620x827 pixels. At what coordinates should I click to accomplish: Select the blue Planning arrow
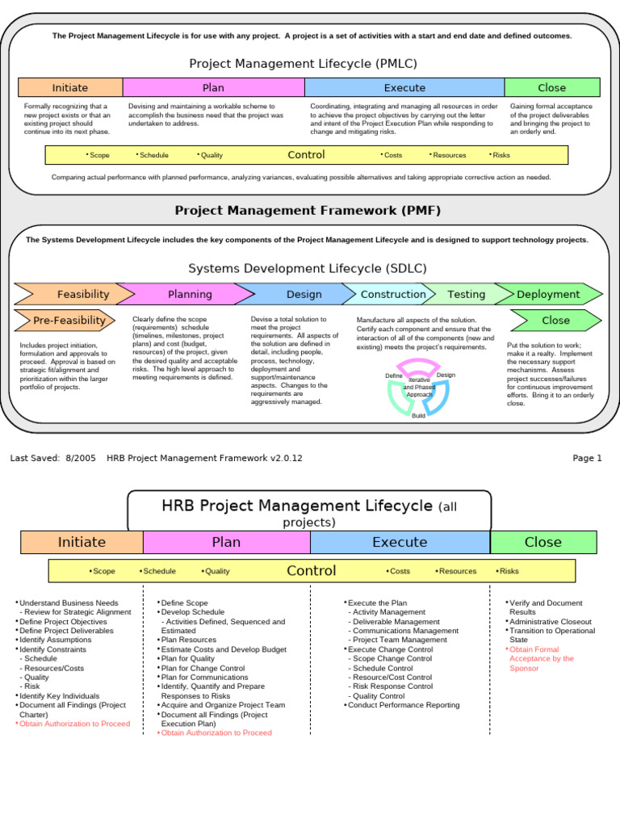point(190,295)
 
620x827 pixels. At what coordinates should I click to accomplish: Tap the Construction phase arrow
point(392,295)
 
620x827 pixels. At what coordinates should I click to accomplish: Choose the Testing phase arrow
point(466,295)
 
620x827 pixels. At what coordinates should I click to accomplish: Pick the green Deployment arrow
point(548,295)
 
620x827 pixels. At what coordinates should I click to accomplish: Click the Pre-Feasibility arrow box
point(68,321)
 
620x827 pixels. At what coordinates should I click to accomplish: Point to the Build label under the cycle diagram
point(418,415)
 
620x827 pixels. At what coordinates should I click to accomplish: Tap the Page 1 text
point(587,458)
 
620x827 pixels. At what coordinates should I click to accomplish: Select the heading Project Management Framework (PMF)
point(308,211)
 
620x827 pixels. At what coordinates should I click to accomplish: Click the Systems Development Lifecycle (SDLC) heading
point(308,268)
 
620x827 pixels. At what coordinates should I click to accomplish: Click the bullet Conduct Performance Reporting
point(403,705)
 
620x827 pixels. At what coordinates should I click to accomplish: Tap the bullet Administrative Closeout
point(550,622)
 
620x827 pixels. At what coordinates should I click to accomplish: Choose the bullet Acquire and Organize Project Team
point(223,705)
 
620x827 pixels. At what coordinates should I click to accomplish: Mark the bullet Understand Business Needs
point(69,603)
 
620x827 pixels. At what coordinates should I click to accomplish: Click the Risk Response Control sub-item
point(392,686)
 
